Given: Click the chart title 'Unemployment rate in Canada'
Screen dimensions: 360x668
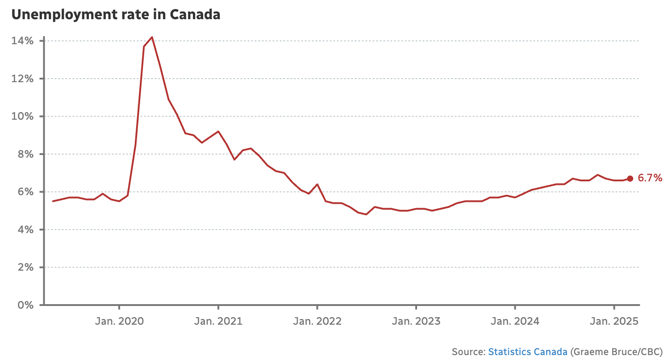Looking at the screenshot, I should (x=116, y=15).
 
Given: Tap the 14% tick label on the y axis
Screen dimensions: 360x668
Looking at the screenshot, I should (x=23, y=41).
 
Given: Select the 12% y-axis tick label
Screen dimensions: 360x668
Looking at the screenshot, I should (x=23, y=79).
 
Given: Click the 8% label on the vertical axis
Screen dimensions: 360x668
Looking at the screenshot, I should (x=25, y=154).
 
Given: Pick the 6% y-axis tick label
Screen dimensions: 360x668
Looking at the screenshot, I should (x=25, y=192).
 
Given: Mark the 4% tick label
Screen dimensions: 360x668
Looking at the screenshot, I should (x=25, y=230).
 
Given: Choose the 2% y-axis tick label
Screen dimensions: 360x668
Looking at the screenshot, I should (x=25, y=268).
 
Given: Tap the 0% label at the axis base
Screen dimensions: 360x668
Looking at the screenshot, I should (x=25, y=305).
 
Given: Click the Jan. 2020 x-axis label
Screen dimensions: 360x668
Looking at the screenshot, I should (x=119, y=321).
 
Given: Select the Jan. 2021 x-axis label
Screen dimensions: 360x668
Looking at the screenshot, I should (x=218, y=321).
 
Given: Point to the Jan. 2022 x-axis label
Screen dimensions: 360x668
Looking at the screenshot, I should (x=317, y=321).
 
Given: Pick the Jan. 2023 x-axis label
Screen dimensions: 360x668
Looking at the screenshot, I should (x=416, y=321).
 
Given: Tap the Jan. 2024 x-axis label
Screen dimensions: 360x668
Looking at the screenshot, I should (x=515, y=321).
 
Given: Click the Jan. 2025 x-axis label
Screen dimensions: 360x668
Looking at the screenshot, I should (x=614, y=321).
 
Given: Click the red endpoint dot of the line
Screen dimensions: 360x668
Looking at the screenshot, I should (x=630, y=179).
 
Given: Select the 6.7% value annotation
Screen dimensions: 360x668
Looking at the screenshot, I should (x=650, y=179).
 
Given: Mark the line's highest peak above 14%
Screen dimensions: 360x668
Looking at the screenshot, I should (x=152, y=37).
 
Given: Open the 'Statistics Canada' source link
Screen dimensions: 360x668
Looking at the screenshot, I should (x=528, y=352).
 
